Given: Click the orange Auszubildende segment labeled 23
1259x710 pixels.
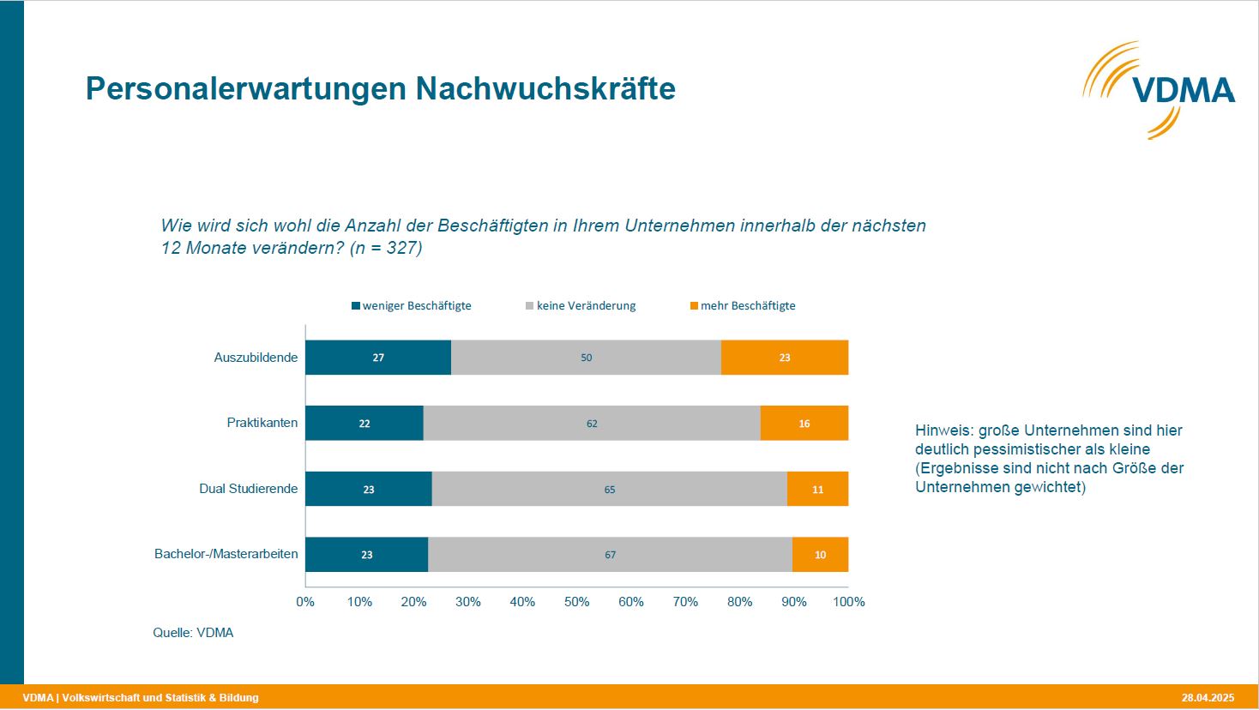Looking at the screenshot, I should point(784,358).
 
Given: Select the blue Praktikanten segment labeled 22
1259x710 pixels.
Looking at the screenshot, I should point(364,424).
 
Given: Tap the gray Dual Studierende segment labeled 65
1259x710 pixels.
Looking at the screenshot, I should point(609,489).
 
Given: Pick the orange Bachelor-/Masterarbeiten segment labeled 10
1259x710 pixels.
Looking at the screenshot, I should point(820,555).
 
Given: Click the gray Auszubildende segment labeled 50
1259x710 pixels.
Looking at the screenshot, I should point(586,358).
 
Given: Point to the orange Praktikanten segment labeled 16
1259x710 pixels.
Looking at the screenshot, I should point(804,424).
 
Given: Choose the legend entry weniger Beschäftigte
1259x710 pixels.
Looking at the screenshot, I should point(412,306).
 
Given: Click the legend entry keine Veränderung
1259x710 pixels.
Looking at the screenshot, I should point(581,306).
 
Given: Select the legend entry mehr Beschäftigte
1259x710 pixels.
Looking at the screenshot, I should point(743,306).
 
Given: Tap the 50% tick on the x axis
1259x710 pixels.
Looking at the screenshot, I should point(576,602).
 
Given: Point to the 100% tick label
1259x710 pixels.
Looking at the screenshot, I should point(848,602).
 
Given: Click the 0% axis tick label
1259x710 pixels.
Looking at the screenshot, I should point(305,602).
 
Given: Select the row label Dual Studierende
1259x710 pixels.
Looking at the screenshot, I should point(249,489).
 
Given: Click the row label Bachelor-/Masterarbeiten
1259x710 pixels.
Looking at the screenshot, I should point(226,554).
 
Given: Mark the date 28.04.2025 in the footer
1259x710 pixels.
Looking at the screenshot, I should point(1207,697).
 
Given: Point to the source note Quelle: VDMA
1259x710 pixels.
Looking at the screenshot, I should point(193,633).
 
